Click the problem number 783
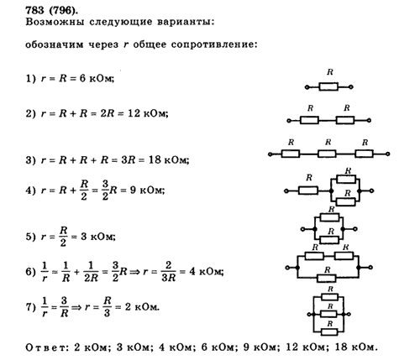35,10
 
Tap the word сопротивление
214,44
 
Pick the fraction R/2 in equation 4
84,190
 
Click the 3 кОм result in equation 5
98,237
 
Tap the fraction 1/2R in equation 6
91,272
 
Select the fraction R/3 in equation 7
107,307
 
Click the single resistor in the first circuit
328,86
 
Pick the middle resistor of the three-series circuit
327,154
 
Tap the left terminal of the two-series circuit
289,121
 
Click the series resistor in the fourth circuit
308,190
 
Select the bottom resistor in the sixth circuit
327,279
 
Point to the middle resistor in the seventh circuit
328,314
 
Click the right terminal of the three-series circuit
388,154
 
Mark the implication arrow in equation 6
134,272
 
